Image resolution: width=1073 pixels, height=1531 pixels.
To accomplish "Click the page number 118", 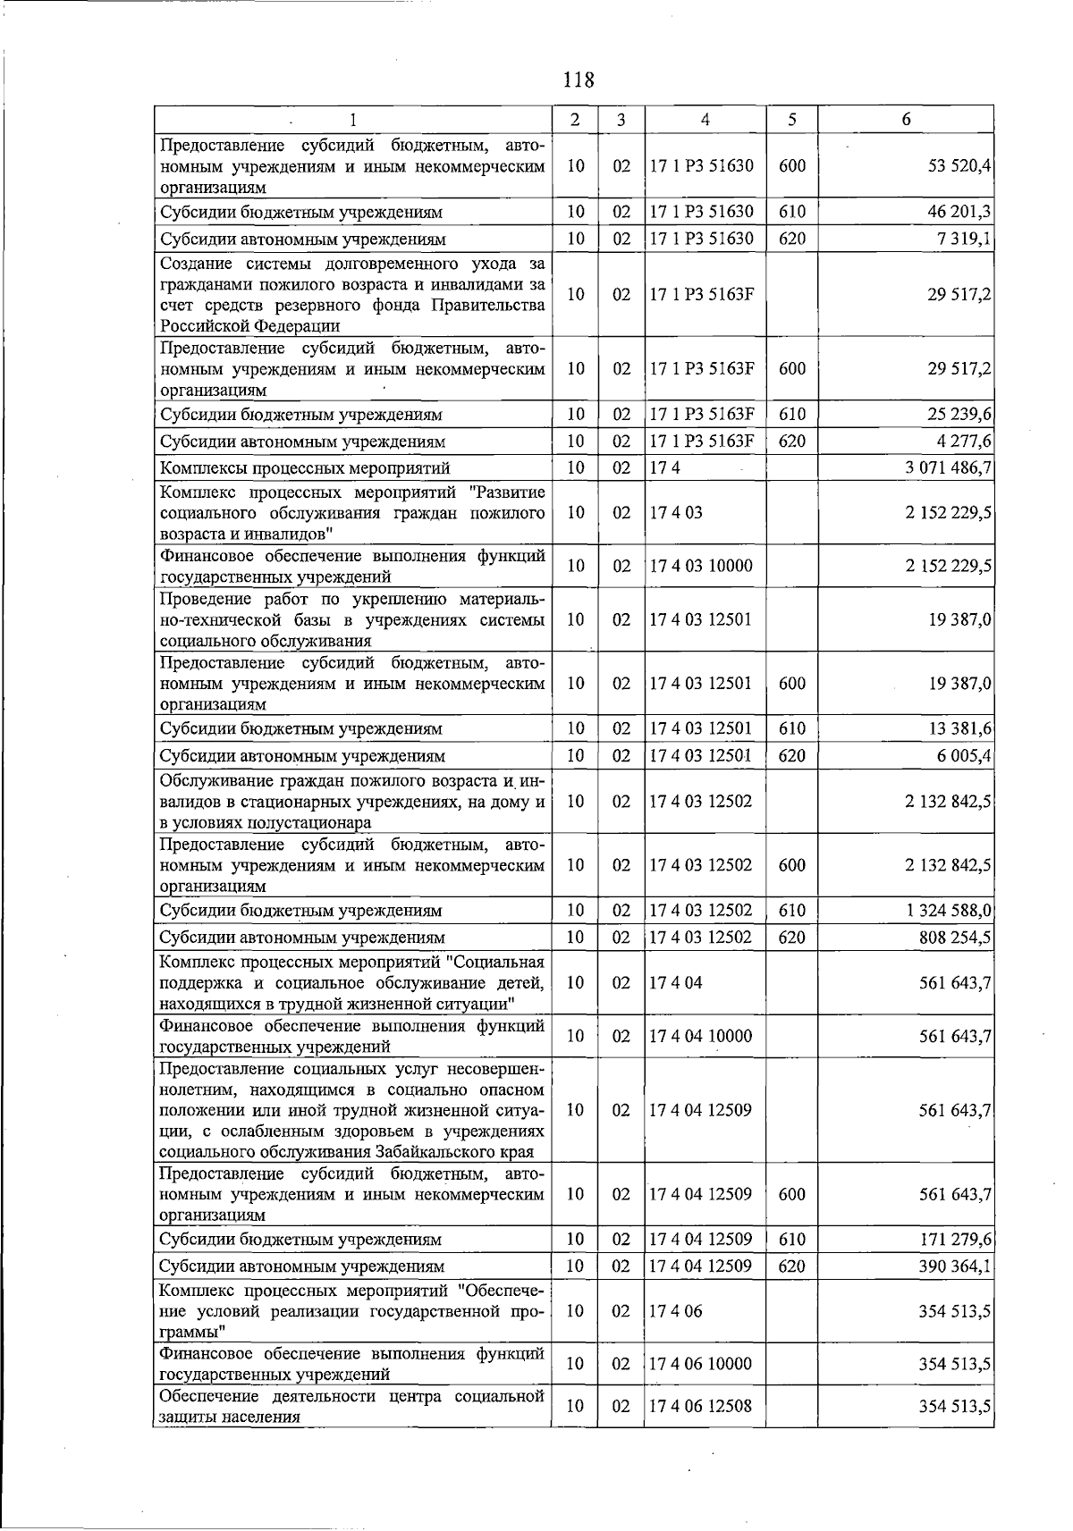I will coord(579,80).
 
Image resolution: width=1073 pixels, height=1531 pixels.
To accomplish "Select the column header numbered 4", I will coord(705,120).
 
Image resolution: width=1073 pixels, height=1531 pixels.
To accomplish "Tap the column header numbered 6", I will coord(906,120).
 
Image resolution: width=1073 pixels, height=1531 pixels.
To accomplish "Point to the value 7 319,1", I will coord(963,240).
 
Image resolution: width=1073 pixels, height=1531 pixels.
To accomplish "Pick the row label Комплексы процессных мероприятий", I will coord(304,468).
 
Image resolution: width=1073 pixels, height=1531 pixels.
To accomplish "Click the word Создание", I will coord(193,264).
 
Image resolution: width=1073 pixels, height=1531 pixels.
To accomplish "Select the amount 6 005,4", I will coord(963,756).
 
